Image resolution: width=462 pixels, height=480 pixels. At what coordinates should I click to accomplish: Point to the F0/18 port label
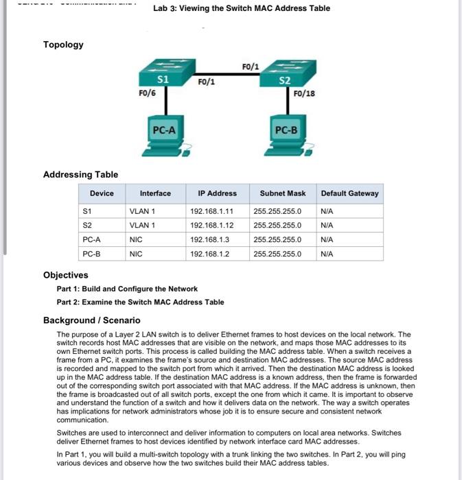coord(304,93)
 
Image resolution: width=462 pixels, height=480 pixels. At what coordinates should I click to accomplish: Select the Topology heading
coord(63,45)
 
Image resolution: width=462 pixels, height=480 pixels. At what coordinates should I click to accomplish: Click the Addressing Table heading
coord(80,175)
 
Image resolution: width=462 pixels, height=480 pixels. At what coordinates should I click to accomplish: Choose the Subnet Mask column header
coord(283,193)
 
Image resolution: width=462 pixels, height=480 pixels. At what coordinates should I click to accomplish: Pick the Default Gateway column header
coord(349,193)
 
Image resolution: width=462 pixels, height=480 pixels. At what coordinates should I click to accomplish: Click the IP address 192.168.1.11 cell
coord(211,211)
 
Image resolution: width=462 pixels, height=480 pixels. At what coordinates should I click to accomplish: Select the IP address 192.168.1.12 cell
coord(211,225)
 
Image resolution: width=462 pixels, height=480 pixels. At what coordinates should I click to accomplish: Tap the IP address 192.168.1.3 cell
coord(209,240)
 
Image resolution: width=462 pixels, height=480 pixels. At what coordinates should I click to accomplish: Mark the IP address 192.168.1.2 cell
coord(209,254)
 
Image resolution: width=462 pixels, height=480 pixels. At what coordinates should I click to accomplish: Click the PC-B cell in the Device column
coord(92,254)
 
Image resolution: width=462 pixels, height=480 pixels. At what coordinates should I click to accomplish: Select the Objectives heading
coord(65,275)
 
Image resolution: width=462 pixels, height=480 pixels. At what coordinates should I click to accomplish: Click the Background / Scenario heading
coord(91,320)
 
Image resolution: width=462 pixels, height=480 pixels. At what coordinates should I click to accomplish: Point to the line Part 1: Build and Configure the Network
coord(127,289)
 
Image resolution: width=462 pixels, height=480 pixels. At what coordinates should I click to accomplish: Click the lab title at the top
coord(242,8)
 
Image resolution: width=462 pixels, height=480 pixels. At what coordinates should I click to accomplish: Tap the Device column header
coord(102,193)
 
